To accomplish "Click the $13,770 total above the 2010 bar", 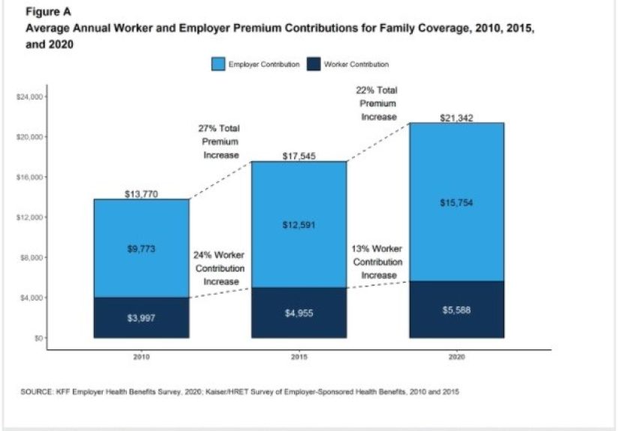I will click(x=141, y=194).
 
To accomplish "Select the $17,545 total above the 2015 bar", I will click(x=299, y=157).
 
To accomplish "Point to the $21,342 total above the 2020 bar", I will click(x=456, y=118).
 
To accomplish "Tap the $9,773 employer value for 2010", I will click(x=141, y=249).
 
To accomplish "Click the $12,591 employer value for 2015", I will click(x=299, y=226).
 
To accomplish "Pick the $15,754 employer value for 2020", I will click(x=456, y=203).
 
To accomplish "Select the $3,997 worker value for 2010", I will click(x=141, y=319).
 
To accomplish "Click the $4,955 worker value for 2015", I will click(x=299, y=313).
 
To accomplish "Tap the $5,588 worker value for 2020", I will click(x=456, y=310).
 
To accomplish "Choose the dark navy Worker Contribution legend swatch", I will click(x=312, y=64).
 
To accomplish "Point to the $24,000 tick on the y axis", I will click(x=31, y=97).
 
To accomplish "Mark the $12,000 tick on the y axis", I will click(x=31, y=217).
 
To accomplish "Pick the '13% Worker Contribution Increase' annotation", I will click(x=378, y=262).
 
